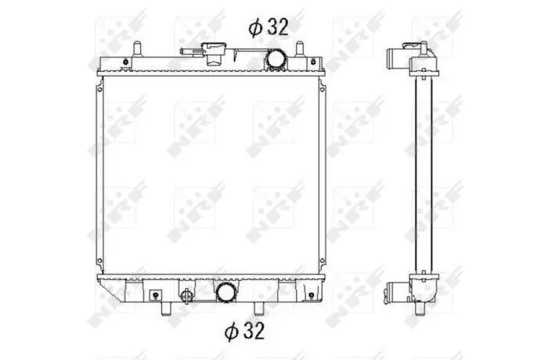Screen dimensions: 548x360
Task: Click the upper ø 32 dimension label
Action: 269,27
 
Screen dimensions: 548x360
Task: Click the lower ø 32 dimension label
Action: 244,330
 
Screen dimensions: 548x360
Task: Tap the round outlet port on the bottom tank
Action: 225,293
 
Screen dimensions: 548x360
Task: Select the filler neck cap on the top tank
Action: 215,53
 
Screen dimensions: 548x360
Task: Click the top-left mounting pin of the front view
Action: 137,49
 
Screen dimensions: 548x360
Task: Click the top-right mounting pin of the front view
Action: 300,49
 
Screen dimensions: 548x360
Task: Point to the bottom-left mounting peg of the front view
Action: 166,308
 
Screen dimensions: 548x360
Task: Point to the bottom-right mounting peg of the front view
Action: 258,308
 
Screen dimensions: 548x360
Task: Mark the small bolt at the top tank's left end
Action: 125,62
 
